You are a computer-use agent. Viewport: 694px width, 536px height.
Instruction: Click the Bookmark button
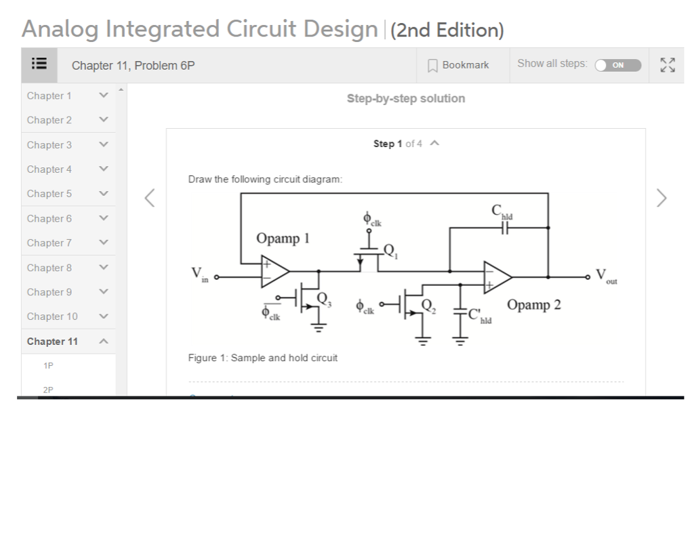point(458,65)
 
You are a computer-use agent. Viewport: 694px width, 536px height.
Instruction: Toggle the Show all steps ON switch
point(617,65)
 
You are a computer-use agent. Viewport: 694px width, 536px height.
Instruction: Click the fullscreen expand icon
point(667,65)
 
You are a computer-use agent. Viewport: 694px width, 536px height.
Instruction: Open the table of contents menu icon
point(39,65)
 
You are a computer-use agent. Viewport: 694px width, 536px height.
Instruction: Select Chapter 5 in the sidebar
point(49,194)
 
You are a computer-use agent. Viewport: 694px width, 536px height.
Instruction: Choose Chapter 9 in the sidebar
point(49,292)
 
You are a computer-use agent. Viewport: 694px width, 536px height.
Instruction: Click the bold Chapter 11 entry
point(52,342)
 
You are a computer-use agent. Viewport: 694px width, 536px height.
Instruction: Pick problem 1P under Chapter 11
point(47,366)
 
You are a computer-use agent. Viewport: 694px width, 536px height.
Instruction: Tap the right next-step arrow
point(662,198)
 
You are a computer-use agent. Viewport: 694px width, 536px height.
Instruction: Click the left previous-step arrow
point(151,198)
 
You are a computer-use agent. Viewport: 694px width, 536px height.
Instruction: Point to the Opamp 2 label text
point(533,304)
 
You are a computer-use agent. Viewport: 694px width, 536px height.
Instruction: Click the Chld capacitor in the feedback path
point(503,229)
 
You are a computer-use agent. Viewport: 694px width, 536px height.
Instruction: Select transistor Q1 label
point(389,249)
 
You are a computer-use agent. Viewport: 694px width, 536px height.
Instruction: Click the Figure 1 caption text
point(262,357)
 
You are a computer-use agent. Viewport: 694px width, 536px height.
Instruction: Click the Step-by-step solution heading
point(405,99)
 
